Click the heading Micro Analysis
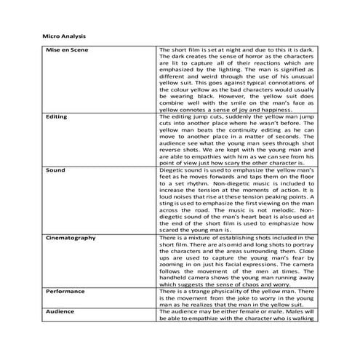60,35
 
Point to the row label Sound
55,170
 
